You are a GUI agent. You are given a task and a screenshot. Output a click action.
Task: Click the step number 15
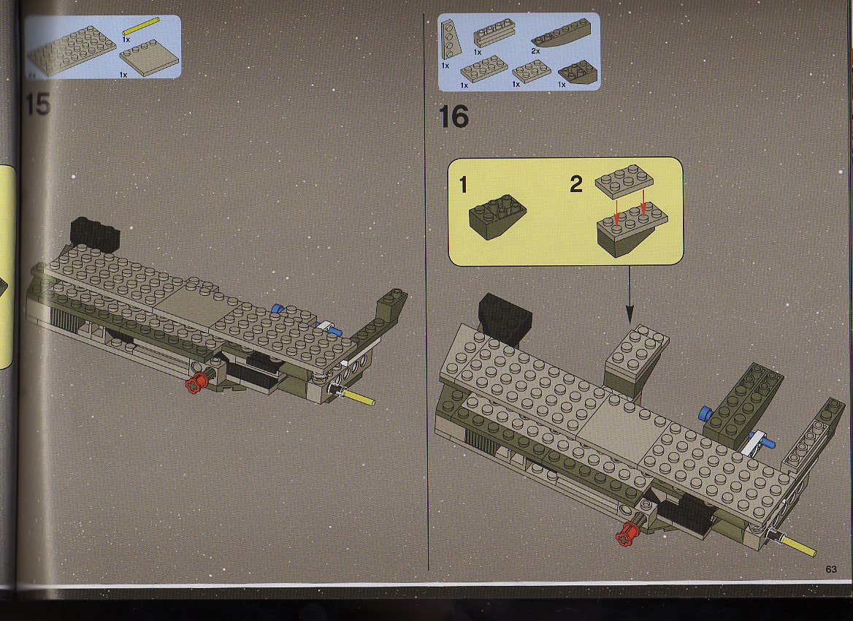pos(38,104)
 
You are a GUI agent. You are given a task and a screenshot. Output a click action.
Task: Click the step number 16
pos(454,116)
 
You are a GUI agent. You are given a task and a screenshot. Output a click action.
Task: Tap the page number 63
pos(830,569)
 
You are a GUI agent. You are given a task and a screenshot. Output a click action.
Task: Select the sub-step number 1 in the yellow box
pos(463,185)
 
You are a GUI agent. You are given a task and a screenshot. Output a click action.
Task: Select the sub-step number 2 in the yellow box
pos(576,185)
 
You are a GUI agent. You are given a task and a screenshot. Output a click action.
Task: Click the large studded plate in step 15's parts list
pos(72,49)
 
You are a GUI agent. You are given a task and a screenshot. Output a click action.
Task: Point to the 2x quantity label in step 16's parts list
pos(535,51)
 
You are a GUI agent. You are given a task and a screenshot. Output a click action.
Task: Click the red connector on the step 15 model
pos(196,383)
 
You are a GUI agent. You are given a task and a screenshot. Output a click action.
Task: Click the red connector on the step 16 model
pos(628,533)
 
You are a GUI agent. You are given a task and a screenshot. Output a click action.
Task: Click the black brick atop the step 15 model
pos(95,232)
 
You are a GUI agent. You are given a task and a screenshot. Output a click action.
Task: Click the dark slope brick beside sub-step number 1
pos(497,218)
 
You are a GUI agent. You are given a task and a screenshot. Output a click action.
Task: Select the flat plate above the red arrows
pos(624,180)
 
